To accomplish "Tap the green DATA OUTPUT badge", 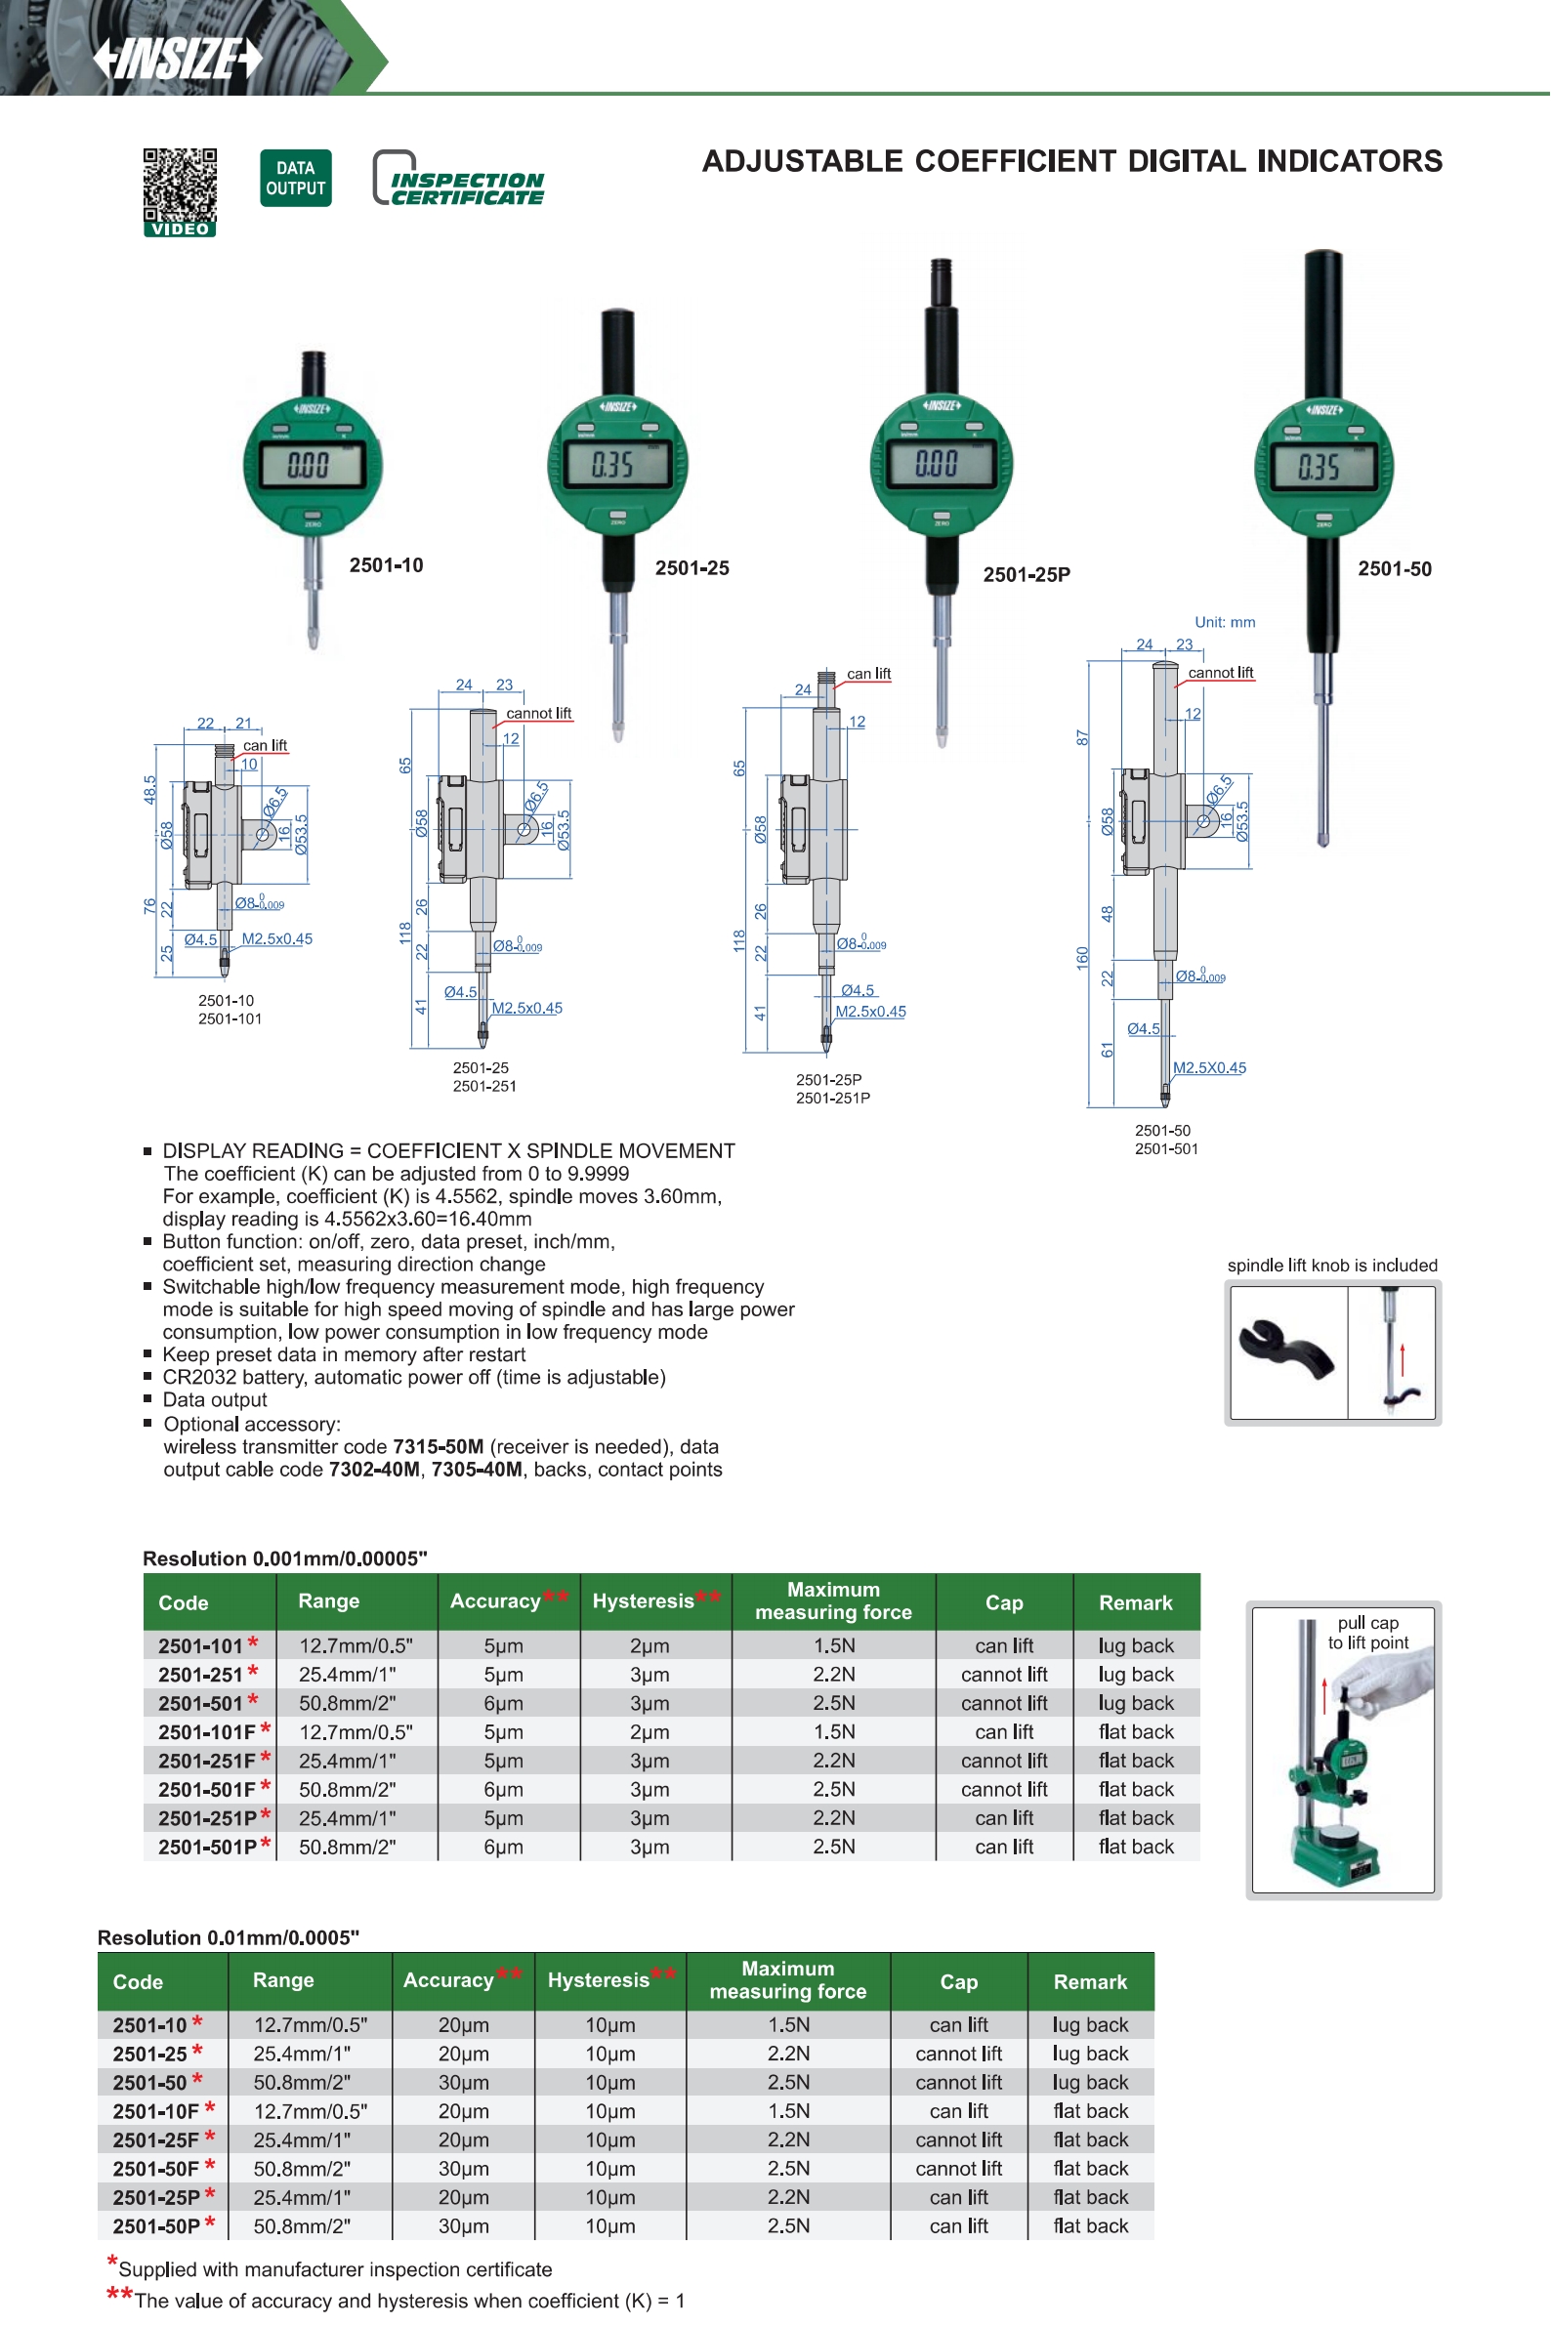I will point(295,178).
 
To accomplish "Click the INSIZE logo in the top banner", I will point(179,59).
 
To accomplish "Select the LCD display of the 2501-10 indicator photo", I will point(310,464).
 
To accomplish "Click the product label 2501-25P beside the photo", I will point(1026,574).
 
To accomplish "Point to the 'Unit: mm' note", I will point(1225,622).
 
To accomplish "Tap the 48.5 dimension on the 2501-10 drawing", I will point(150,789).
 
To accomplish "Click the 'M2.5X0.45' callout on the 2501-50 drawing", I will point(1209,1068).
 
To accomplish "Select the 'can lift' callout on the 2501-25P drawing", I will point(868,674).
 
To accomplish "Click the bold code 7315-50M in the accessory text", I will point(439,1447).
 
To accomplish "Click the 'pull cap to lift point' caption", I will point(1368,1633).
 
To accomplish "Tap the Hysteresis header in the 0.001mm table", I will point(644,1601).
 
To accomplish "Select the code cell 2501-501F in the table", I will point(207,1789).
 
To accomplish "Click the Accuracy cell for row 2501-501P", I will point(503,1847).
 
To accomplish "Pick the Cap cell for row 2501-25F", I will point(958,2139).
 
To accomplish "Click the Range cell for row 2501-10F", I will point(311,2110).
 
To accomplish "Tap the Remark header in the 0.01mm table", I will point(1090,1982).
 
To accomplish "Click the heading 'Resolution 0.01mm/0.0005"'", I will point(229,1937).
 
